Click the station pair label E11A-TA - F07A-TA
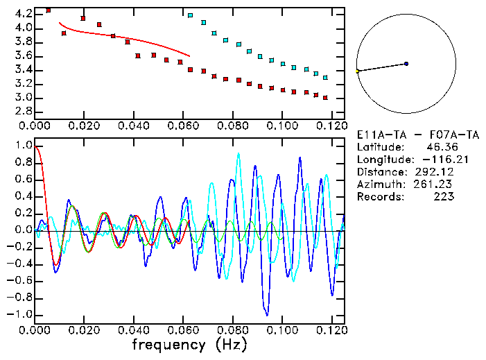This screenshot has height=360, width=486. coord(417,135)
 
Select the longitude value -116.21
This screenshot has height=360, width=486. coord(434,160)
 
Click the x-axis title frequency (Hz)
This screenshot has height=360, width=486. coord(189,345)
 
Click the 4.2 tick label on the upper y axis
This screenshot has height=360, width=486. coord(23,14)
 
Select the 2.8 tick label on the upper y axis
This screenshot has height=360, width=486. coord(23,111)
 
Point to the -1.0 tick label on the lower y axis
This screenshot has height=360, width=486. coord(20,314)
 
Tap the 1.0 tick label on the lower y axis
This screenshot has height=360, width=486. coord(23,146)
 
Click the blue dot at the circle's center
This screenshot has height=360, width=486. coord(406,64)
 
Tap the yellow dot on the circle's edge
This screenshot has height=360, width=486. coord(358,71)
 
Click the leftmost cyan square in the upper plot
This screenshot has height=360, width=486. coord(191,15)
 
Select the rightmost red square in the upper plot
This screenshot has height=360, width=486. coord(325,98)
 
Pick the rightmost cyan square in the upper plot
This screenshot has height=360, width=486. coord(325,78)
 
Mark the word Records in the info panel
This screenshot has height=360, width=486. coord(379,197)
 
